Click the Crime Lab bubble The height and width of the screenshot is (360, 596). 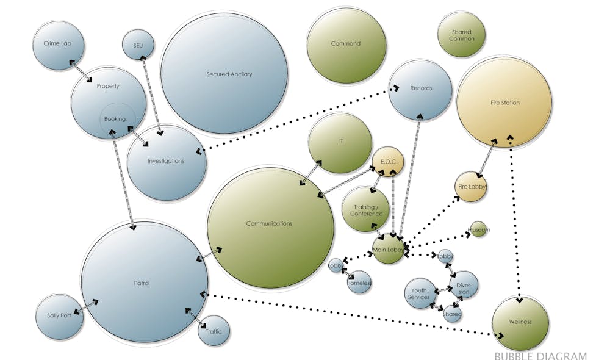[56, 44]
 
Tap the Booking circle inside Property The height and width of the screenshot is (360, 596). [115, 120]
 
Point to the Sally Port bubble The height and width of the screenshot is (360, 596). [59, 316]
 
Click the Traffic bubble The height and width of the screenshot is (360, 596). [214, 331]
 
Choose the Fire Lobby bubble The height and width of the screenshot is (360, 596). [472, 187]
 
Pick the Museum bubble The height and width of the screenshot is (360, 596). [478, 229]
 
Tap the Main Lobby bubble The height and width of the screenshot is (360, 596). [388, 250]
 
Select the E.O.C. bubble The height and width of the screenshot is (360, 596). [389, 162]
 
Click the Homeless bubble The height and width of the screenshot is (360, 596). [359, 283]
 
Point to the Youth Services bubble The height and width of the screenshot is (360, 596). [419, 294]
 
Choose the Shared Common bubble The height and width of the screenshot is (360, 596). [461, 35]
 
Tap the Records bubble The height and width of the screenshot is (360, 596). [420, 88]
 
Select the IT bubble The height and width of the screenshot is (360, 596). [340, 142]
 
